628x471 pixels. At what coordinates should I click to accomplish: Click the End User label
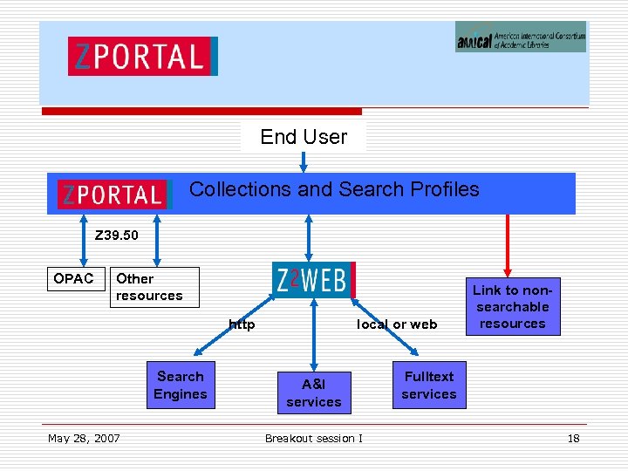click(x=304, y=137)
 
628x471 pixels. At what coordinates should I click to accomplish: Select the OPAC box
click(x=74, y=279)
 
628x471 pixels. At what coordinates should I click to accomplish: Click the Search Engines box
click(x=180, y=386)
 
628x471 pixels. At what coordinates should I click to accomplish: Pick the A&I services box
click(x=314, y=392)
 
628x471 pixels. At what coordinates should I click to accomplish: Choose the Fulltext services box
click(x=429, y=385)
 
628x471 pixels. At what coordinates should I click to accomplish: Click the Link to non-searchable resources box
click(x=512, y=307)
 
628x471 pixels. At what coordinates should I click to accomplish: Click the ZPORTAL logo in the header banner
click(x=142, y=57)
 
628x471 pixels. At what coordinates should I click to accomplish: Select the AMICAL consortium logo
click(x=520, y=37)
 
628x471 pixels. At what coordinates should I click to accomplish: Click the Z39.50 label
click(x=116, y=235)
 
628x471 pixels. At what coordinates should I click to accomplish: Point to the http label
click(x=242, y=324)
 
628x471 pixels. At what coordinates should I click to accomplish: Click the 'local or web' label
click(x=397, y=324)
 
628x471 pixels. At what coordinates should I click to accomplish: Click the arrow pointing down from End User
click(x=304, y=163)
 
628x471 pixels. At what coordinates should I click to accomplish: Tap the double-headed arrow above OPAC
click(x=84, y=239)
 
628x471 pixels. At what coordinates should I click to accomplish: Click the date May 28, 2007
click(x=84, y=438)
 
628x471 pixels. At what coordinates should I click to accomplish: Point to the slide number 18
click(x=573, y=438)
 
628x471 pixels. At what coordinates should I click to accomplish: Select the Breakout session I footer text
click(x=314, y=438)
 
